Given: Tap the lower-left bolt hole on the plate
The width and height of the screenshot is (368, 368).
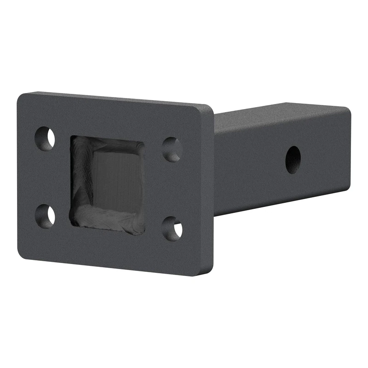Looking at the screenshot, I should coord(45,215).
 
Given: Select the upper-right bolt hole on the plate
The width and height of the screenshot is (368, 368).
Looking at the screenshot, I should coord(172,149).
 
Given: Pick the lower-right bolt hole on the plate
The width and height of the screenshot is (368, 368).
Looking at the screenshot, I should coord(172,228).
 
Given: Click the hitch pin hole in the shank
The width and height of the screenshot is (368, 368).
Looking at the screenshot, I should coord(293,160).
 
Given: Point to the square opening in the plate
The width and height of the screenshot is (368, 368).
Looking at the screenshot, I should coord(108,184).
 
